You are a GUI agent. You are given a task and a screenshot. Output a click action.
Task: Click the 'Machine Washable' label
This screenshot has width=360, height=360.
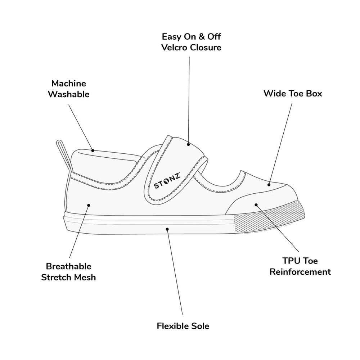tap(69, 89)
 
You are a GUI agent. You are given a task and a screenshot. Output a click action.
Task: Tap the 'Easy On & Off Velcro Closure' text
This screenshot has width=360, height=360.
tap(191, 42)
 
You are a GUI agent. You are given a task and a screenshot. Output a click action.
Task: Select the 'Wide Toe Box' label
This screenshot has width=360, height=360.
tap(293, 94)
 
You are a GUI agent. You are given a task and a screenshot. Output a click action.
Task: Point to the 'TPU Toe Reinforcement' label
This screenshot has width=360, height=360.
tap(300, 266)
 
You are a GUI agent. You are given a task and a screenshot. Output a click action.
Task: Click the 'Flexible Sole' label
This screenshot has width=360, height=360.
tap(183, 326)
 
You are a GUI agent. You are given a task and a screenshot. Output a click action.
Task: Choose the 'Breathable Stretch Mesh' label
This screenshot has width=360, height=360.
tap(68, 272)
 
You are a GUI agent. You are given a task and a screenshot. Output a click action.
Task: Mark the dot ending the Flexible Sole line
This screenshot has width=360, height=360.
tap(167, 228)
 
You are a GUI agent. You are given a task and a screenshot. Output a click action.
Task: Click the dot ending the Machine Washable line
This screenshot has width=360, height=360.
tap(93, 150)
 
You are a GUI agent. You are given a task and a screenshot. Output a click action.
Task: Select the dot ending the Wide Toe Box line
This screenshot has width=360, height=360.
tap(269, 185)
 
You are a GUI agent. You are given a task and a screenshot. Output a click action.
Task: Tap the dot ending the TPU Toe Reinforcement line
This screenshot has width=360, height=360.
tap(256, 204)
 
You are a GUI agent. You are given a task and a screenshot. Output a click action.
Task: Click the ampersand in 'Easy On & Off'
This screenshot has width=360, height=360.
tap(196, 36)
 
